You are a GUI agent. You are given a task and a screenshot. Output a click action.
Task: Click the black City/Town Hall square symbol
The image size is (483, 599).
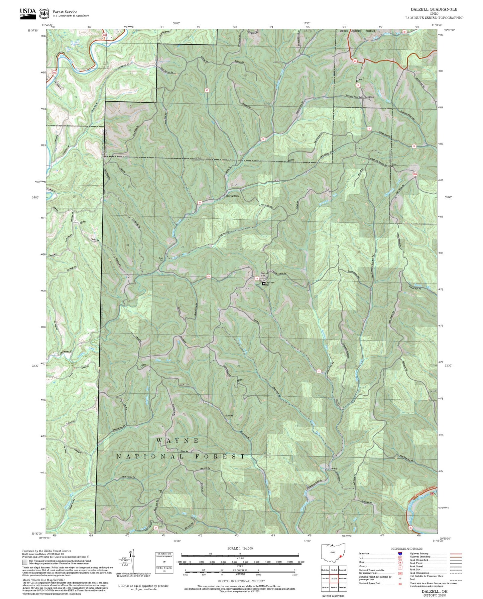click(264, 283)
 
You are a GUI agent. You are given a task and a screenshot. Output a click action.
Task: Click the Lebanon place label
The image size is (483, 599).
click(369, 97)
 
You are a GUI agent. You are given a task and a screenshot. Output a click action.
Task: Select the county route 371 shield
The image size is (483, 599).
click(209, 276)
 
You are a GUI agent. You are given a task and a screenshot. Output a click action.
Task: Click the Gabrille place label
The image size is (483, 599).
click(229, 415)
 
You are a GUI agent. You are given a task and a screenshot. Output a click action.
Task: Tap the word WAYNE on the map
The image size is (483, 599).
click(177, 441)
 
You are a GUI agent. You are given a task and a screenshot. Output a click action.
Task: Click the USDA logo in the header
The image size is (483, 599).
click(28, 13)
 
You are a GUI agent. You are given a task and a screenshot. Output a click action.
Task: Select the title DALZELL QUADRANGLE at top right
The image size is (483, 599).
click(434, 9)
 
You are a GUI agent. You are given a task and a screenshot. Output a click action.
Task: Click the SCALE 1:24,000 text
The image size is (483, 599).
click(240, 548)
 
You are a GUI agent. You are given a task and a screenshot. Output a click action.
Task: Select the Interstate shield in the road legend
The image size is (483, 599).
click(400, 554)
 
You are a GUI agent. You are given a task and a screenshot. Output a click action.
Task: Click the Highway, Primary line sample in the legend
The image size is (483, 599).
click(456, 554)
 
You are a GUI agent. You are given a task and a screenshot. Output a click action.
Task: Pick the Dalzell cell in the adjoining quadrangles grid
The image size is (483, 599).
click(334, 579)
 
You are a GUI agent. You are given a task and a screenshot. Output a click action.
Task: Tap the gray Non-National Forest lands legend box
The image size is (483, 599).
click(25, 562)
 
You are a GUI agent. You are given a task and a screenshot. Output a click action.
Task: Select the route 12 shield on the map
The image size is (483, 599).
click(319, 371)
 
